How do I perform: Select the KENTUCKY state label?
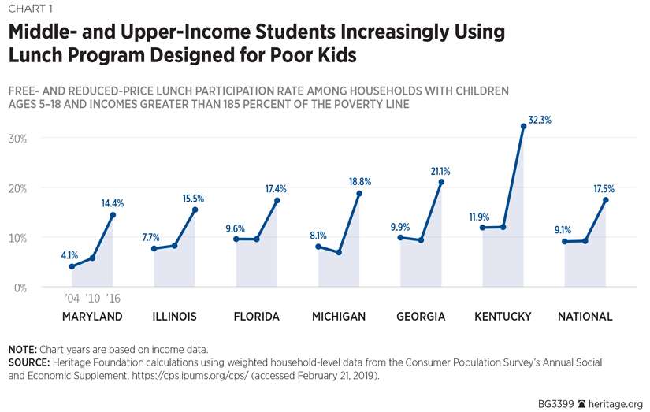pyautogui.click(x=503, y=317)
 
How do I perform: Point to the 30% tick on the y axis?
pyautogui.click(x=17, y=139)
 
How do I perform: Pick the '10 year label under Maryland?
pyautogui.click(x=92, y=298)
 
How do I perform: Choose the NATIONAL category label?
pyautogui.click(x=585, y=317)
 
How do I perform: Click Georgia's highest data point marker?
pyautogui.click(x=441, y=182)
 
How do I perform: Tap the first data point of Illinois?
pyautogui.click(x=154, y=249)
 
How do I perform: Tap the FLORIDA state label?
pyautogui.click(x=257, y=317)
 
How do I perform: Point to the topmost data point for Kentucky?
pyautogui.click(x=523, y=126)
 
